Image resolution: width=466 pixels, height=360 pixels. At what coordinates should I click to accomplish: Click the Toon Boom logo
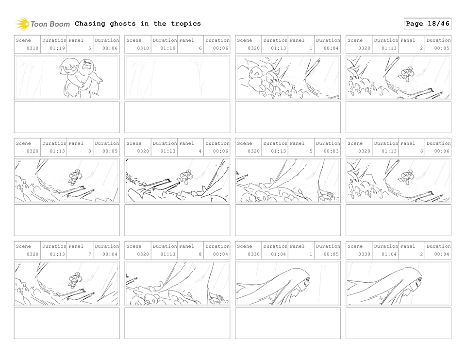[x=43, y=24]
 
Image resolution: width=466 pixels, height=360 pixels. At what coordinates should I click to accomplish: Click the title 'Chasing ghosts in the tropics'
[x=137, y=24]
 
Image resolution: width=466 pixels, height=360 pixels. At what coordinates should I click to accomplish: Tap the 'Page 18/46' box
[x=427, y=24]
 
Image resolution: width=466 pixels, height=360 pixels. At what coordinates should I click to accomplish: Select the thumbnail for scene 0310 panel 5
[x=67, y=78]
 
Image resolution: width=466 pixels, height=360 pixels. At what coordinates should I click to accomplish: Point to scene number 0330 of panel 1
[x=254, y=254]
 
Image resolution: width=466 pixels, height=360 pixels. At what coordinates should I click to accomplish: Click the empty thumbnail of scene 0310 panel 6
[x=177, y=78]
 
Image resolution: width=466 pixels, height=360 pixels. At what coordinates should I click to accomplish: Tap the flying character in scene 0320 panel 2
[x=406, y=73]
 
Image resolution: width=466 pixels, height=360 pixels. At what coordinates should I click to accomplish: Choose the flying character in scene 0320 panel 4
[x=184, y=176]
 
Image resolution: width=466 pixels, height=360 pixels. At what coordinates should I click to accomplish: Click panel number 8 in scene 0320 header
[x=200, y=254]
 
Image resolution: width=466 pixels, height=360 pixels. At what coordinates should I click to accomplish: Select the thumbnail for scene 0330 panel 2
[x=399, y=284]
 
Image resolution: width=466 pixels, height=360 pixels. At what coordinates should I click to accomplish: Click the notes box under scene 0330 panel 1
[x=288, y=323]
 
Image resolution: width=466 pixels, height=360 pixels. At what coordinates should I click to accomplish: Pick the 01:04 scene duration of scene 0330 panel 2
[x=389, y=254]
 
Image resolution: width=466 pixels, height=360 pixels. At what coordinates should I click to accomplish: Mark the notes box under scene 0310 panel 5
[x=67, y=117]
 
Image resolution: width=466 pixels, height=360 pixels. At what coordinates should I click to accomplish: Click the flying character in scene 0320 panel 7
[x=74, y=280]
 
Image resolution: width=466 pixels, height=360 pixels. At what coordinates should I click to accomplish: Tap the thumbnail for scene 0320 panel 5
[x=288, y=181]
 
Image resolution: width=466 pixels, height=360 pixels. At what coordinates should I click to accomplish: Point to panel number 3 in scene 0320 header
[x=89, y=151]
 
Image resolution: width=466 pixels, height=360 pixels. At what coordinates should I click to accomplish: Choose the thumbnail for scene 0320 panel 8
[x=177, y=284]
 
